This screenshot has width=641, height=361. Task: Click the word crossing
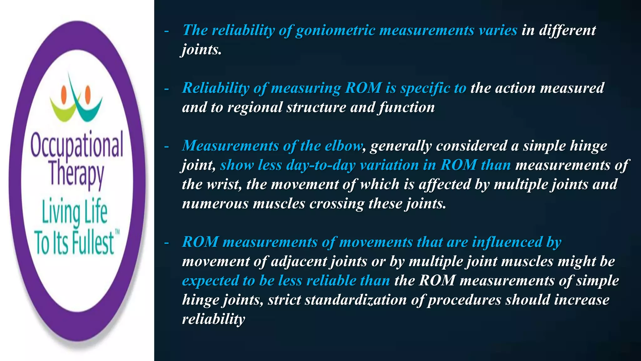tap(337, 204)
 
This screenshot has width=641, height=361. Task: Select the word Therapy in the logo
tap(77, 174)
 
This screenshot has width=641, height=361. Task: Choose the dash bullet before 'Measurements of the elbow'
tap(167, 146)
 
